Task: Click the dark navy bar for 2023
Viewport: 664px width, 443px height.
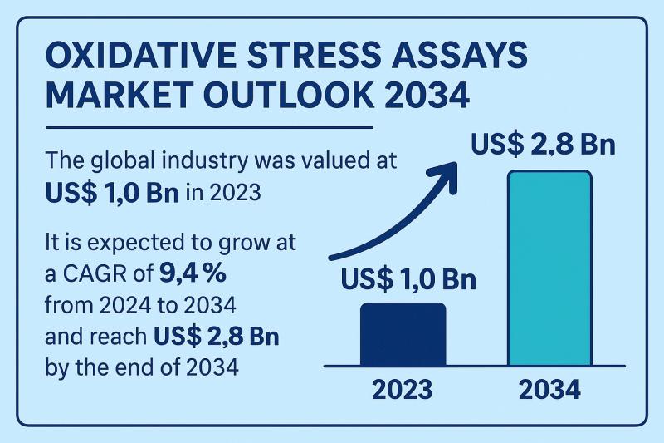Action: click(x=403, y=334)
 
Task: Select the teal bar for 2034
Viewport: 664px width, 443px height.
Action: click(x=549, y=268)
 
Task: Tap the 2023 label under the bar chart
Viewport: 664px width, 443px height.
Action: click(x=403, y=389)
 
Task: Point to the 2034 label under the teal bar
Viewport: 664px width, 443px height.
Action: click(x=549, y=389)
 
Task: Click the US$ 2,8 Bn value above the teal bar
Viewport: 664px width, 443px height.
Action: click(x=543, y=145)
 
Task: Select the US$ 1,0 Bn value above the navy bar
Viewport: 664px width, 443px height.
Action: click(x=408, y=279)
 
